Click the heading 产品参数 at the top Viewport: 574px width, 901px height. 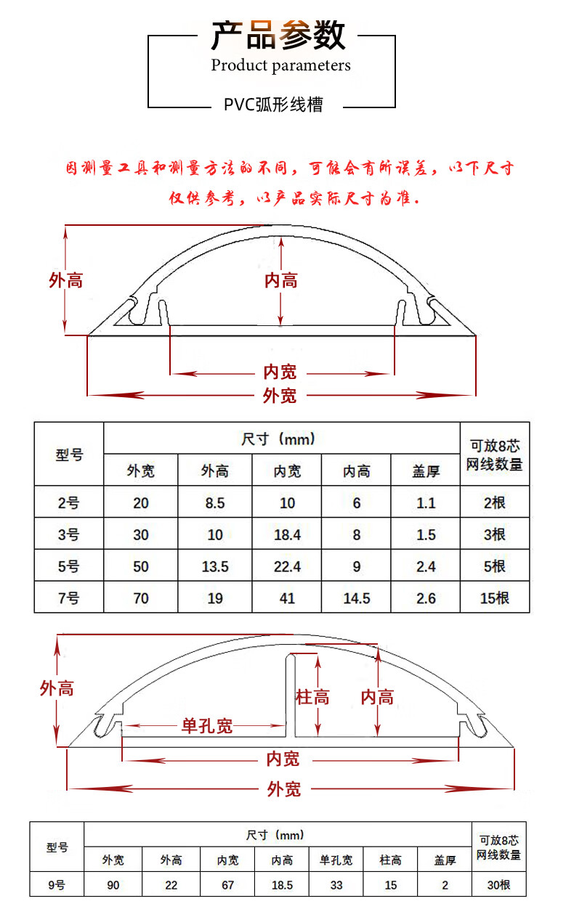tap(278, 34)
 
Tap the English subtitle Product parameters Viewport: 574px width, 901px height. tap(280, 65)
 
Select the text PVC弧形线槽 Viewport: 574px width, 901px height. tap(272, 105)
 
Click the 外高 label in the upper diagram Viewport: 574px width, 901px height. tap(65, 280)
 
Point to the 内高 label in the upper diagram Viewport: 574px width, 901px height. tap(280, 280)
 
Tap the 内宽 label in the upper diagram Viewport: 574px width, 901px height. tap(280, 372)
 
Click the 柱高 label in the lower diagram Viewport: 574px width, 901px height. tap(312, 698)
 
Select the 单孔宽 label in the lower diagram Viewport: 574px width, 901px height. tap(207, 725)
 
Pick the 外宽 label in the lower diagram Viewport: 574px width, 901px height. tap(283, 788)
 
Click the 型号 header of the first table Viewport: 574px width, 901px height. tap(69, 454)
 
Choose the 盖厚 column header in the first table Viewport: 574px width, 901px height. tap(426, 471)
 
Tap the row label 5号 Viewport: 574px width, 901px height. tap(69, 566)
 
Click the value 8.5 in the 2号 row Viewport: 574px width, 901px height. tap(215, 502)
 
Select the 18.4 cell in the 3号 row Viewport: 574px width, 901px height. tap(287, 535)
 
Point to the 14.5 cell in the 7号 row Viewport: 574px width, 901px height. tap(356, 598)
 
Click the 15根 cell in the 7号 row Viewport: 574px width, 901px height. tap(495, 598)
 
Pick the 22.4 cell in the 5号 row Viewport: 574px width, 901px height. tap(287, 566)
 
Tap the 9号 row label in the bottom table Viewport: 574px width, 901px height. tap(57, 885)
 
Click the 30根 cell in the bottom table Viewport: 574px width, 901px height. tap(498, 885)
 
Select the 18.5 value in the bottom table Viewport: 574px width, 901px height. tap(282, 885)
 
